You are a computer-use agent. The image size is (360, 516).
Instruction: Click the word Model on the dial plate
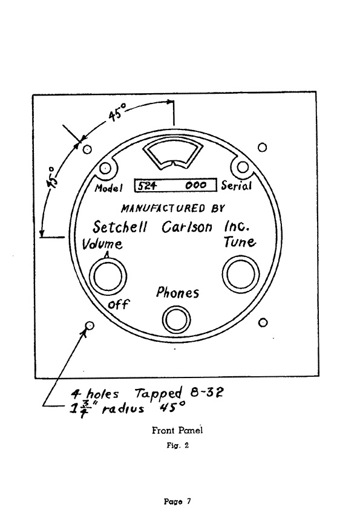108,188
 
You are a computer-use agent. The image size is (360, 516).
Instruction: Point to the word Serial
237,186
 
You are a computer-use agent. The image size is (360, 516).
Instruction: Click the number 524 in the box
147,186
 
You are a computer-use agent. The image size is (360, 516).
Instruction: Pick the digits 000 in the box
196,185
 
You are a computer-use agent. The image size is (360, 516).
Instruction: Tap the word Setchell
120,227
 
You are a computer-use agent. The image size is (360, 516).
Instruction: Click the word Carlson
187,227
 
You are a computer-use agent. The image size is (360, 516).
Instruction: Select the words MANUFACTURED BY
173,208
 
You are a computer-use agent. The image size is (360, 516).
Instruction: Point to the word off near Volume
119,304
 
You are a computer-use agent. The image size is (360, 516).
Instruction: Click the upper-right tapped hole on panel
262,147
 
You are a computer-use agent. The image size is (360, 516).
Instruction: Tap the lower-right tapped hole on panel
263,322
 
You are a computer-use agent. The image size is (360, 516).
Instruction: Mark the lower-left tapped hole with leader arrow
89,326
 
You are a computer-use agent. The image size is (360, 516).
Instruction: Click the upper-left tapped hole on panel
87,149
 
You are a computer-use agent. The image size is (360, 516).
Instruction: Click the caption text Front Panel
177,430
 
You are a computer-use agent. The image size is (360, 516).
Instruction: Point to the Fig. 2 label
178,446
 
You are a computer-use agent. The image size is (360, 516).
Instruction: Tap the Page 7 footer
177,501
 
